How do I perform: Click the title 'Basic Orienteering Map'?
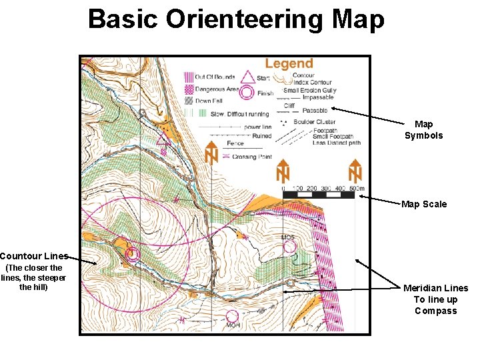click(236, 20)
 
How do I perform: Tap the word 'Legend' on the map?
click(289, 64)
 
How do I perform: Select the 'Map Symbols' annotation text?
click(423, 129)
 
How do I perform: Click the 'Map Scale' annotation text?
click(424, 204)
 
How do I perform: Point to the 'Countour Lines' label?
click(34, 256)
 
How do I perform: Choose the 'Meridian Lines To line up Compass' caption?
click(435, 299)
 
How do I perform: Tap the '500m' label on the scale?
click(357, 189)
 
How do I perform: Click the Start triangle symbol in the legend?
click(248, 77)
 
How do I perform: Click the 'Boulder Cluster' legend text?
click(315, 121)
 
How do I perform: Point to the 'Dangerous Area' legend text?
click(217, 89)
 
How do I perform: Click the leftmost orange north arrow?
click(211, 153)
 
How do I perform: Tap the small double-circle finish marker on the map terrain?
click(131, 253)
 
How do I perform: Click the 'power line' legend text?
click(257, 127)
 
